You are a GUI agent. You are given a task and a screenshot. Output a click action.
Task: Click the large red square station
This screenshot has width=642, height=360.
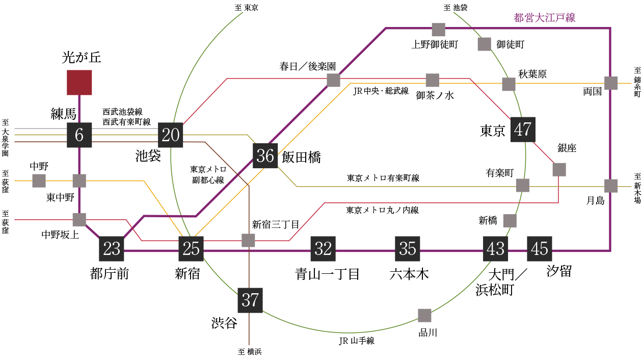(x=79, y=83)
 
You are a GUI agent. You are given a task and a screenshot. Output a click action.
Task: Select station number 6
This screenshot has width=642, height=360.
(x=79, y=135)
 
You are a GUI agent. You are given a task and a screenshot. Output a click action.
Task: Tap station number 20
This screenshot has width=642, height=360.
(x=171, y=135)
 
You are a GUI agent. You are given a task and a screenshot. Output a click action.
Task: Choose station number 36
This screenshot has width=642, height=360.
(x=265, y=156)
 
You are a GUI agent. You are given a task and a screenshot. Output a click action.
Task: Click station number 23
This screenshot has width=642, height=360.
(x=112, y=249)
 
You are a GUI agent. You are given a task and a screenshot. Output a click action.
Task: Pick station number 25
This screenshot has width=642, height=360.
(x=191, y=249)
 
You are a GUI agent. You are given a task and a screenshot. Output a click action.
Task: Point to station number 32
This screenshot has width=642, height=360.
(x=323, y=249)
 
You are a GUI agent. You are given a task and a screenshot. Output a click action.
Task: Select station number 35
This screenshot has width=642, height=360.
(x=408, y=249)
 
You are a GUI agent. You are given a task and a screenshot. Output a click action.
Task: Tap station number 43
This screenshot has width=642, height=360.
(x=496, y=249)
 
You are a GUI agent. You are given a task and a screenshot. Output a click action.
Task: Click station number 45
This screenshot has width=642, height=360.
(x=540, y=249)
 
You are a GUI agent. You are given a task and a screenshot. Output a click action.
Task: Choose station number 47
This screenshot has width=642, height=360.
(x=523, y=130)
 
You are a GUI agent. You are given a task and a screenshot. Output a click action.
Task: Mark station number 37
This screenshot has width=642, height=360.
(x=250, y=300)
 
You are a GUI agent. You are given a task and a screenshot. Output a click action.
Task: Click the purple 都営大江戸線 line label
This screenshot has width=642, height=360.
(x=545, y=18)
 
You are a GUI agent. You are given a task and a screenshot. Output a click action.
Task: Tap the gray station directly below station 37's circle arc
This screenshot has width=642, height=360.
(x=424, y=315)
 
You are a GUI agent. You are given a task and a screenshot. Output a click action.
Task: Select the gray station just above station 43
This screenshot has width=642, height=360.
(x=510, y=221)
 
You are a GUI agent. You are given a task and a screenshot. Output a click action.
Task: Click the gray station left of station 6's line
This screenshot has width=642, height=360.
(x=39, y=181)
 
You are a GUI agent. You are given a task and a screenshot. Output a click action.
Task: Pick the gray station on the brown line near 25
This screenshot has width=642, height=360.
(x=248, y=240)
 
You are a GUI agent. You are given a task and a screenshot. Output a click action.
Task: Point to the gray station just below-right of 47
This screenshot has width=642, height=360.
(x=559, y=169)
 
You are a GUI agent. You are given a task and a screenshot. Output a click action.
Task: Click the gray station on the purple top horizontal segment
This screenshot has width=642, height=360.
(x=438, y=30)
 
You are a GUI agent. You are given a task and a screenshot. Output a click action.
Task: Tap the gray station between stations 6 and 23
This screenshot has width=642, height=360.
(x=79, y=219)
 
